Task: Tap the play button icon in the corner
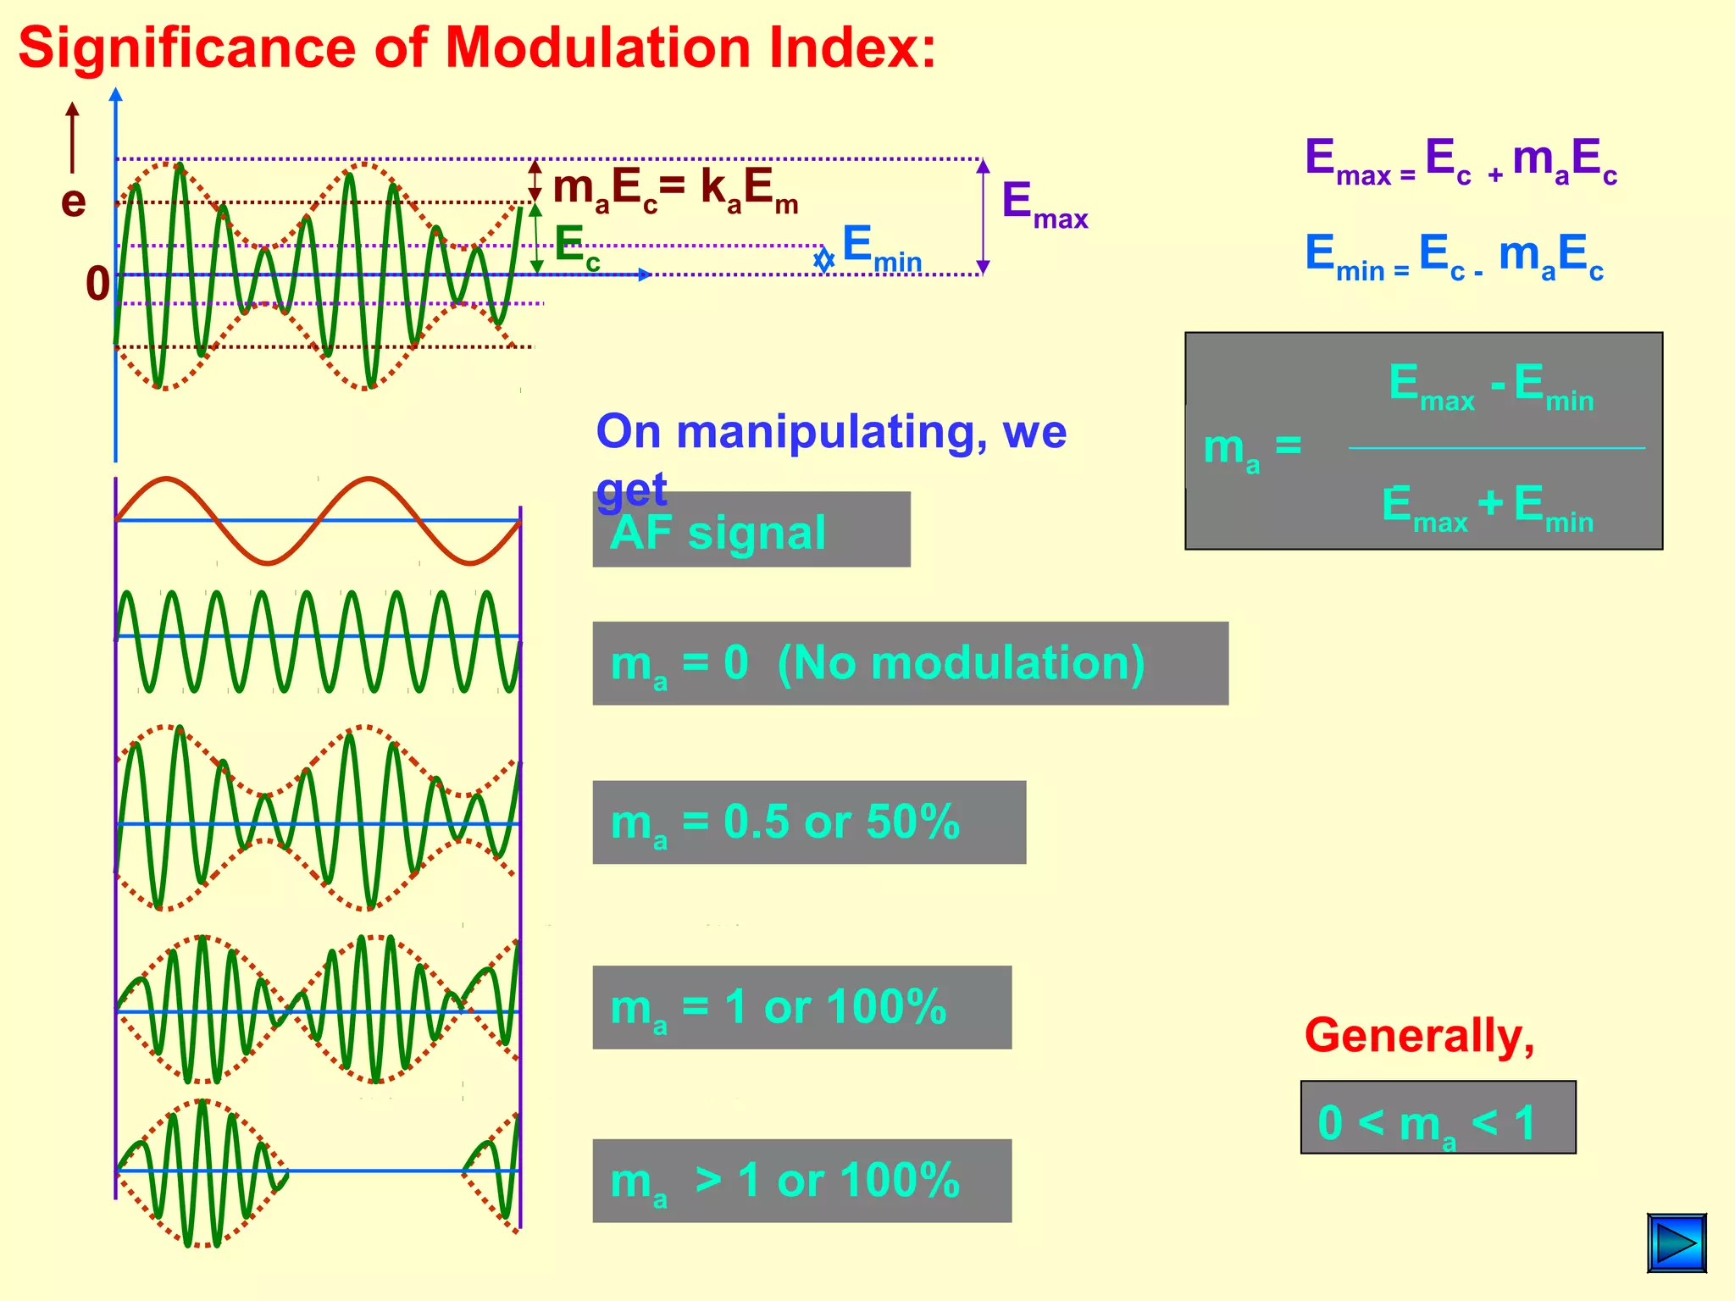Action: (1677, 1243)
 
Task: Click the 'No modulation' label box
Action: (910, 663)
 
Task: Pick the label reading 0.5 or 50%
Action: (809, 822)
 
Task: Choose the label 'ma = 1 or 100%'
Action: (801, 1007)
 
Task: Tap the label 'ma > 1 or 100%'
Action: (801, 1180)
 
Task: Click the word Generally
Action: (1419, 1036)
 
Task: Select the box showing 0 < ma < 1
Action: (1438, 1117)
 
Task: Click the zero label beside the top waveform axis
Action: (97, 284)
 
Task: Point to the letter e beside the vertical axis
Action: (74, 202)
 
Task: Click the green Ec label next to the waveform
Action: (577, 246)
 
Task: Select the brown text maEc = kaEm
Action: (675, 190)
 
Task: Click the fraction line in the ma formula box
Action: (1496, 447)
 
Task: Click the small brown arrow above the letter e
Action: (73, 136)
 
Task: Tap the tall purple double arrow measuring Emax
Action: (983, 217)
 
